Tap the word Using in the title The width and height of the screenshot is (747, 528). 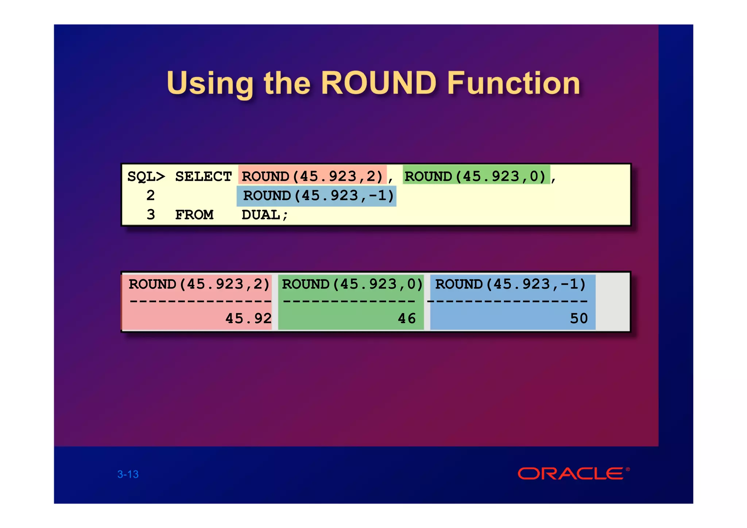pyautogui.click(x=210, y=84)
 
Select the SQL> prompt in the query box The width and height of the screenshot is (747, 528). pyautogui.click(x=146, y=177)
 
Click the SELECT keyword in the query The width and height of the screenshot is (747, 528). pyautogui.click(x=203, y=177)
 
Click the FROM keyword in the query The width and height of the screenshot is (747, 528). pyautogui.click(x=194, y=215)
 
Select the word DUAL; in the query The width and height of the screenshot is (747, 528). pyautogui.click(x=265, y=215)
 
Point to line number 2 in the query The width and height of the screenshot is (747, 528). pyautogui.click(x=150, y=196)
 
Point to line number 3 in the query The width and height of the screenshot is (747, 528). pyautogui.click(x=150, y=215)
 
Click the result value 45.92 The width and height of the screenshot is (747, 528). pyautogui.click(x=248, y=319)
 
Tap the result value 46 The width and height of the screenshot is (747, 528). pyautogui.click(x=406, y=319)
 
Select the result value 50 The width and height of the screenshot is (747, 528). pyautogui.click(x=578, y=319)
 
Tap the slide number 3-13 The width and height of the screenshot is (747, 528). pyautogui.click(x=128, y=474)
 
